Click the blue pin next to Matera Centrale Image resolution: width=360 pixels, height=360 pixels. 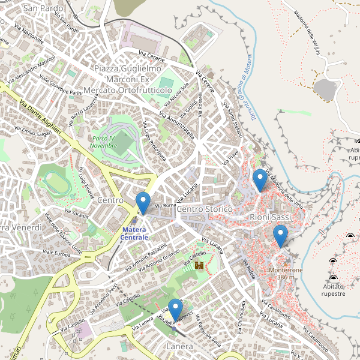(x=143, y=203)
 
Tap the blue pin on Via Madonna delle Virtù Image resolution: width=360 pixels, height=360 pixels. (x=260, y=179)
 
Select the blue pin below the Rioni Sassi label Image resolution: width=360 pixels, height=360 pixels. (x=280, y=235)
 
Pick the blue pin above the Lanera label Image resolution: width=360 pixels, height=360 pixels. (x=175, y=310)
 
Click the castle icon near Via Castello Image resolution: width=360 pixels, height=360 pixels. (x=200, y=265)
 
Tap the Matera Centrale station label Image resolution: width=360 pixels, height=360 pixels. (x=134, y=234)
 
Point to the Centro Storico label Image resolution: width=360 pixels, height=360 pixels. (x=205, y=208)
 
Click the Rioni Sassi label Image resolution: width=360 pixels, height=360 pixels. (x=270, y=216)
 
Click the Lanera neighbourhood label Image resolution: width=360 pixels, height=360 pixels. (x=180, y=347)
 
